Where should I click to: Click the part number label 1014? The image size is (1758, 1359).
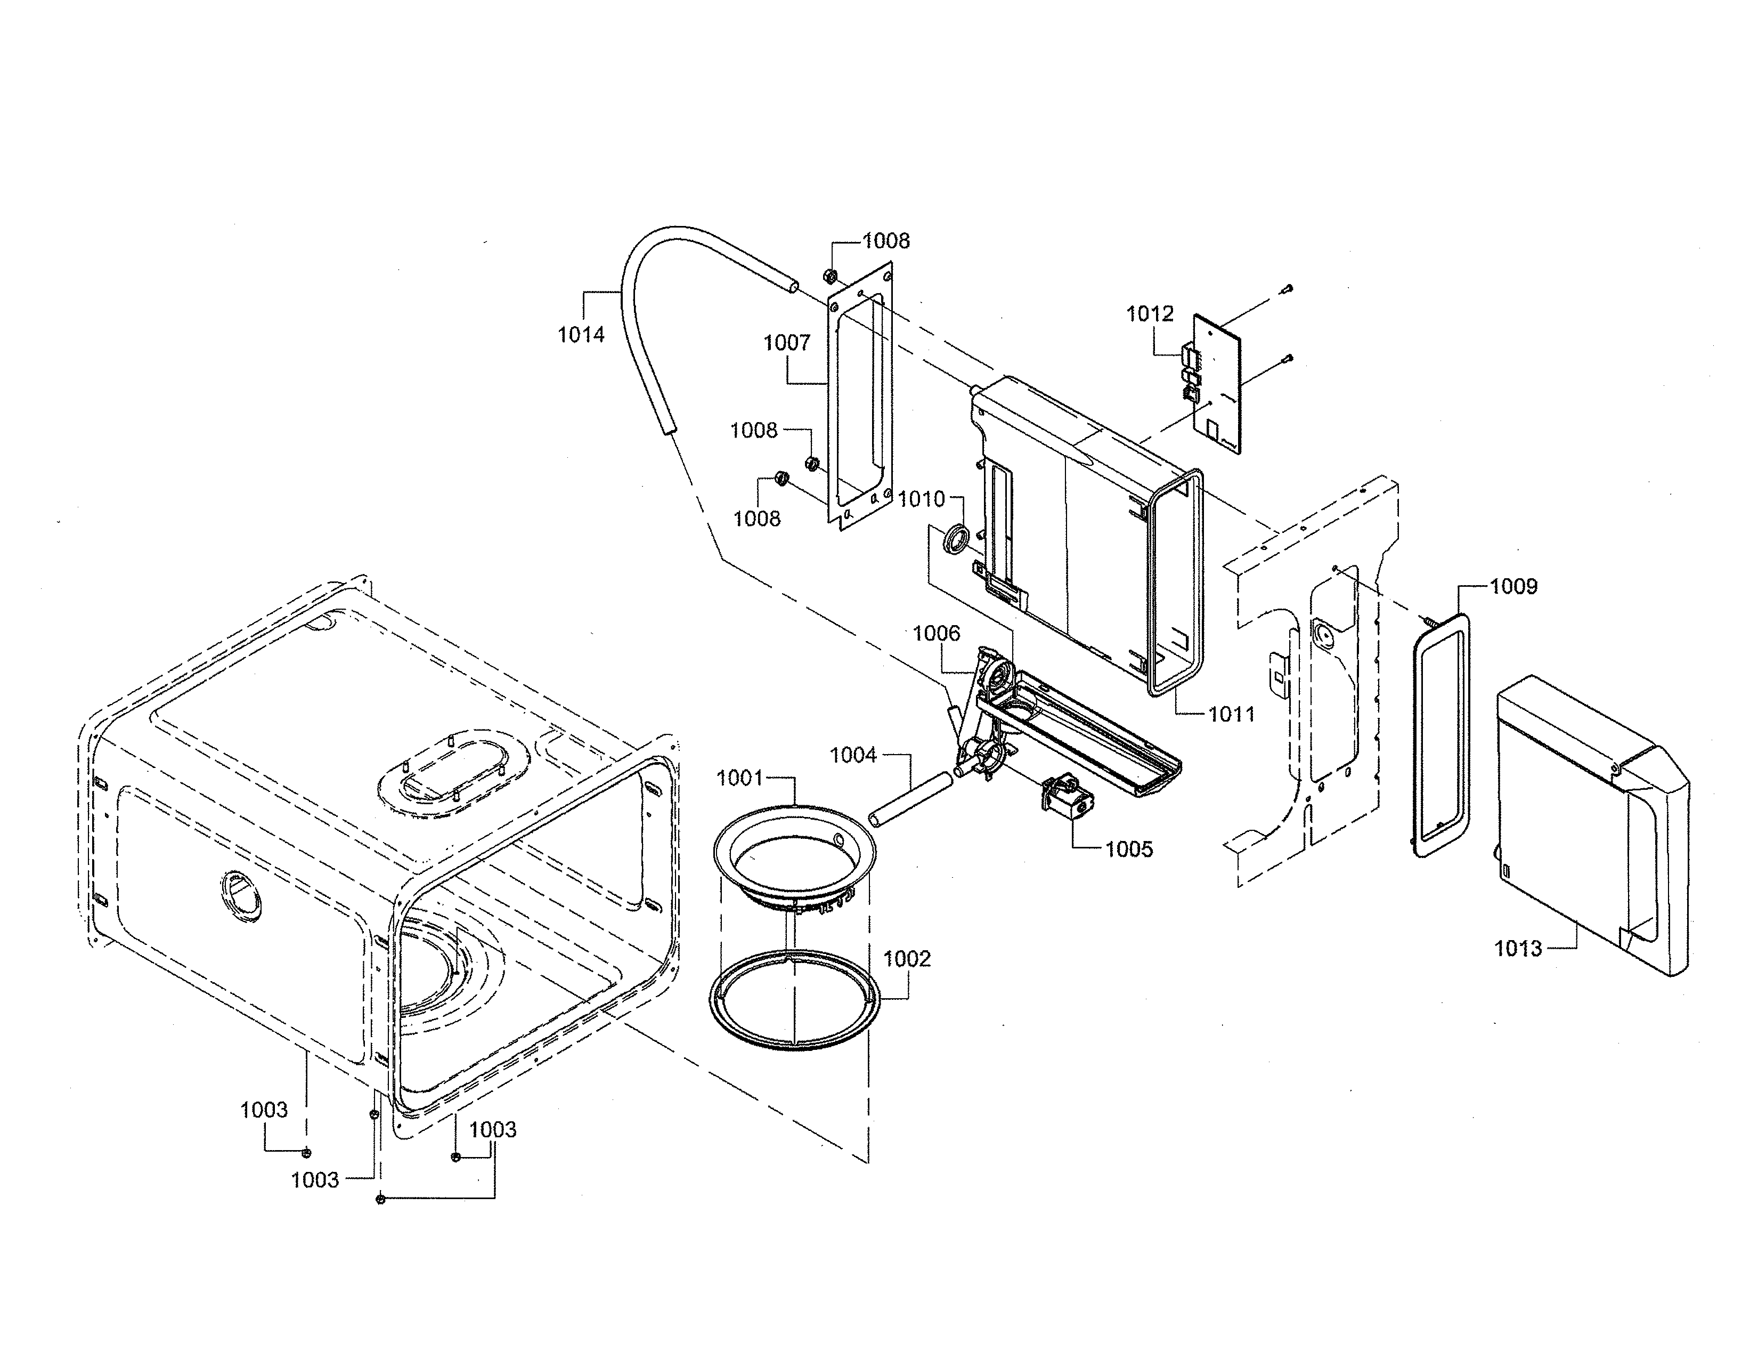[x=581, y=335]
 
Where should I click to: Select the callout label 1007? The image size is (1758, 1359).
[x=786, y=343]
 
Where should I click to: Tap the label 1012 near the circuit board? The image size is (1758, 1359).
[x=1150, y=314]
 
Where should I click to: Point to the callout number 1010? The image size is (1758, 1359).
[x=921, y=500]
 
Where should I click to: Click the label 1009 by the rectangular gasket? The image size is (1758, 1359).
[x=1513, y=586]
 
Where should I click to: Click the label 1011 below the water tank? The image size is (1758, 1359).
[x=1232, y=713]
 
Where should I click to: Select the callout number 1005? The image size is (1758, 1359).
[x=1128, y=850]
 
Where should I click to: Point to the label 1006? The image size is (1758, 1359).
[x=936, y=634]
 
